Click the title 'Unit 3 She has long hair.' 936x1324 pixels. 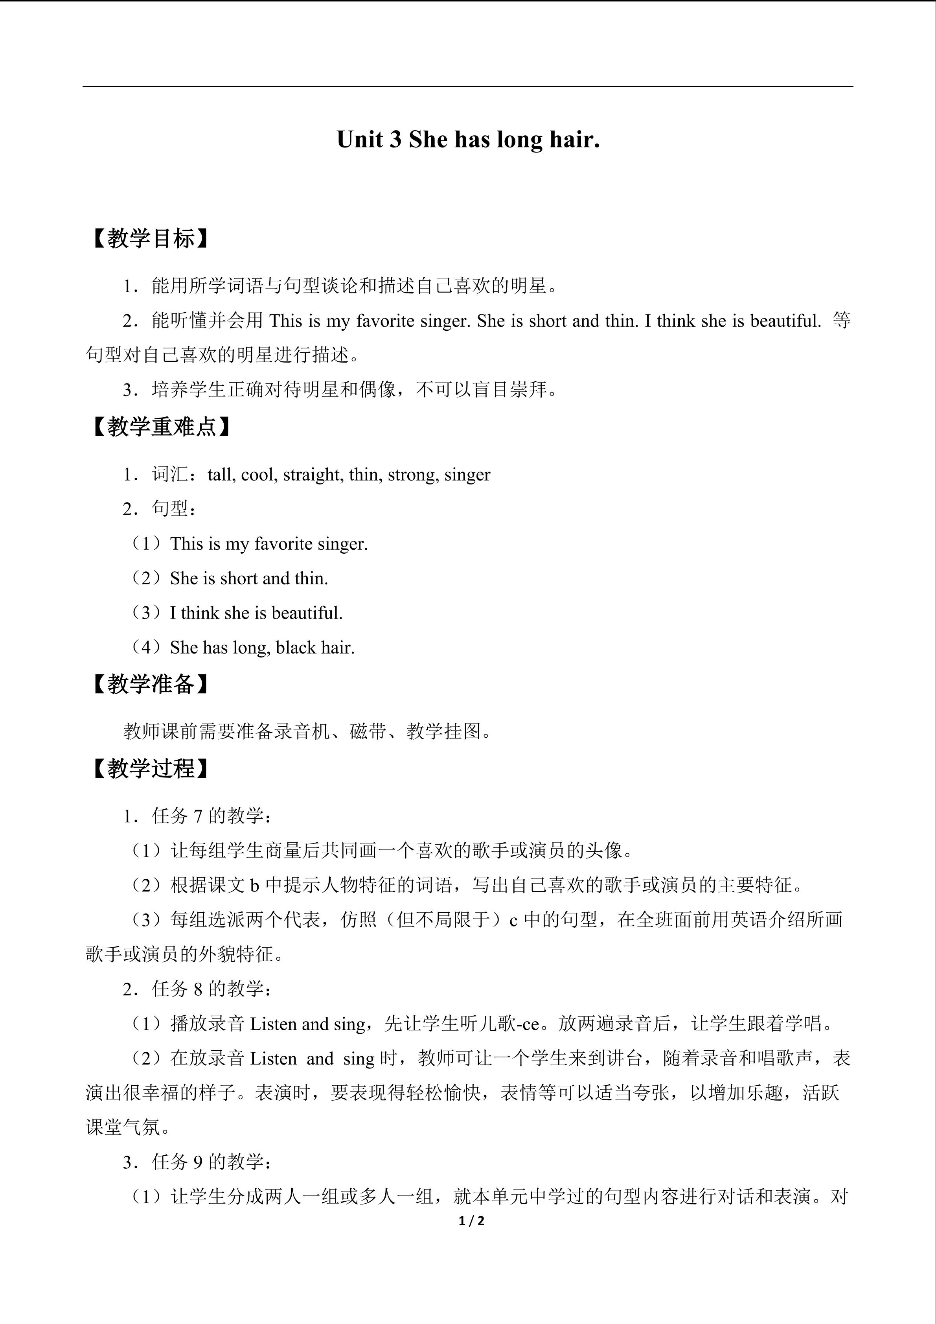(468, 140)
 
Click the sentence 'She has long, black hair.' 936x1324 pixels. (262, 648)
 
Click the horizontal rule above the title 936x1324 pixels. (468, 87)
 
